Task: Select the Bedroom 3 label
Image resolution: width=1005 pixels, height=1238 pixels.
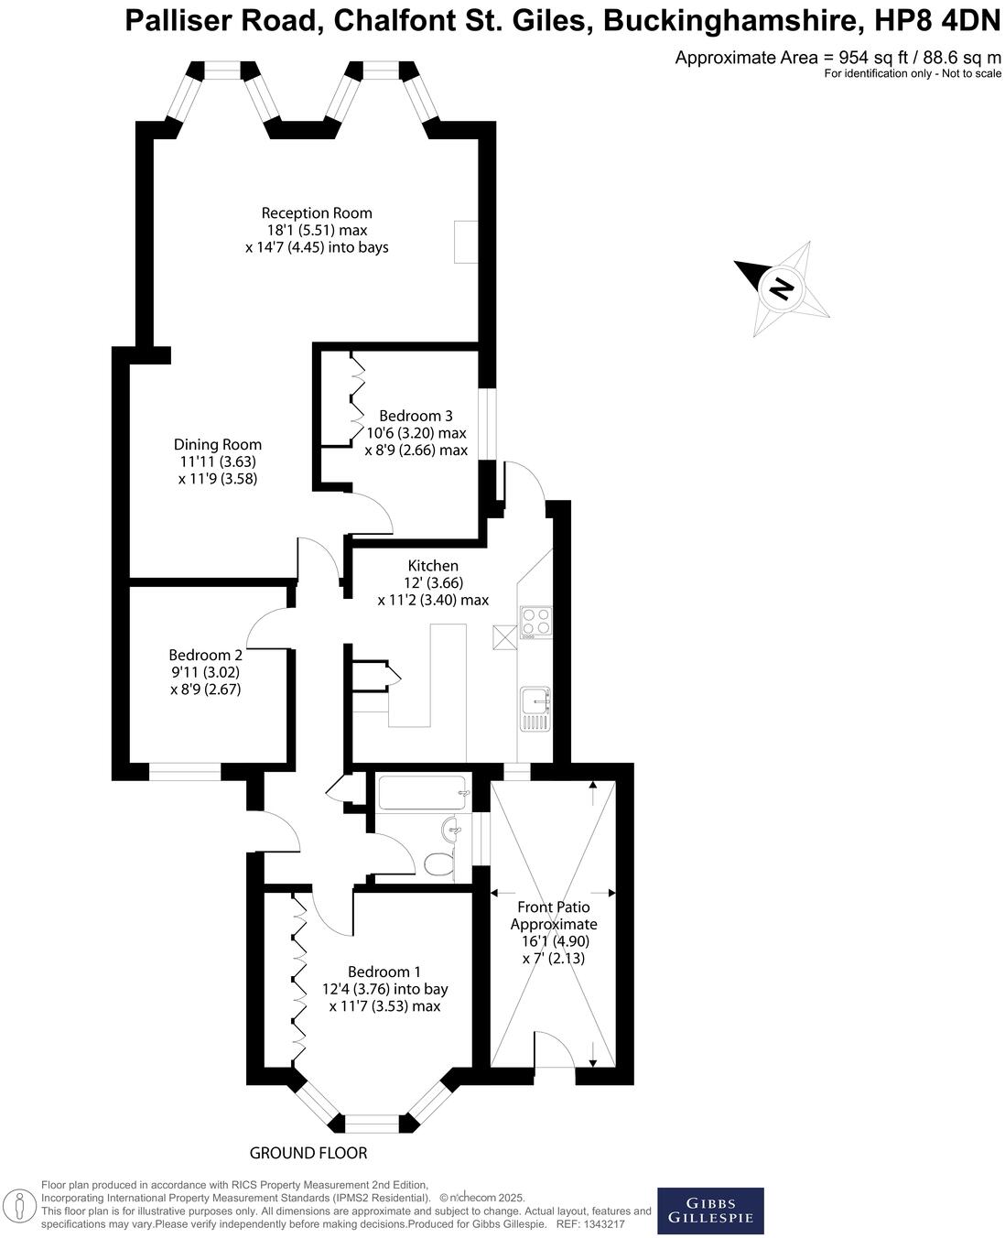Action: (x=416, y=416)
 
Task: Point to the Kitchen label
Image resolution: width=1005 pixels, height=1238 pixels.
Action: (x=433, y=566)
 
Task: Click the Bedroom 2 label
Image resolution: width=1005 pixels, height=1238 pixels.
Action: (x=205, y=656)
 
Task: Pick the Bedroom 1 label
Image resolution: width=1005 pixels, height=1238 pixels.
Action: (x=384, y=972)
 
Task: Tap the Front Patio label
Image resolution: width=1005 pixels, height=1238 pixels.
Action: (x=554, y=907)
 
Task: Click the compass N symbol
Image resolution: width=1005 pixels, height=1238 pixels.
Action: (x=781, y=289)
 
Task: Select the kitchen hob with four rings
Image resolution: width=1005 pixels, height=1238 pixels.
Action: (x=535, y=622)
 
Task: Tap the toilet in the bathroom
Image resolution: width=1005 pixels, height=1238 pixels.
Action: (x=440, y=863)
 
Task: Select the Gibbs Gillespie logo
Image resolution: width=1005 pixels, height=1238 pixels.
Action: (x=710, y=1211)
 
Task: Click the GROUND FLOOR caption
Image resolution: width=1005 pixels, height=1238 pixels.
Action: (x=308, y=1153)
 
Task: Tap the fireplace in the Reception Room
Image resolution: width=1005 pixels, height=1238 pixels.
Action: (x=466, y=242)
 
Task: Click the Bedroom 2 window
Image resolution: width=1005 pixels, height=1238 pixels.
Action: (x=185, y=773)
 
